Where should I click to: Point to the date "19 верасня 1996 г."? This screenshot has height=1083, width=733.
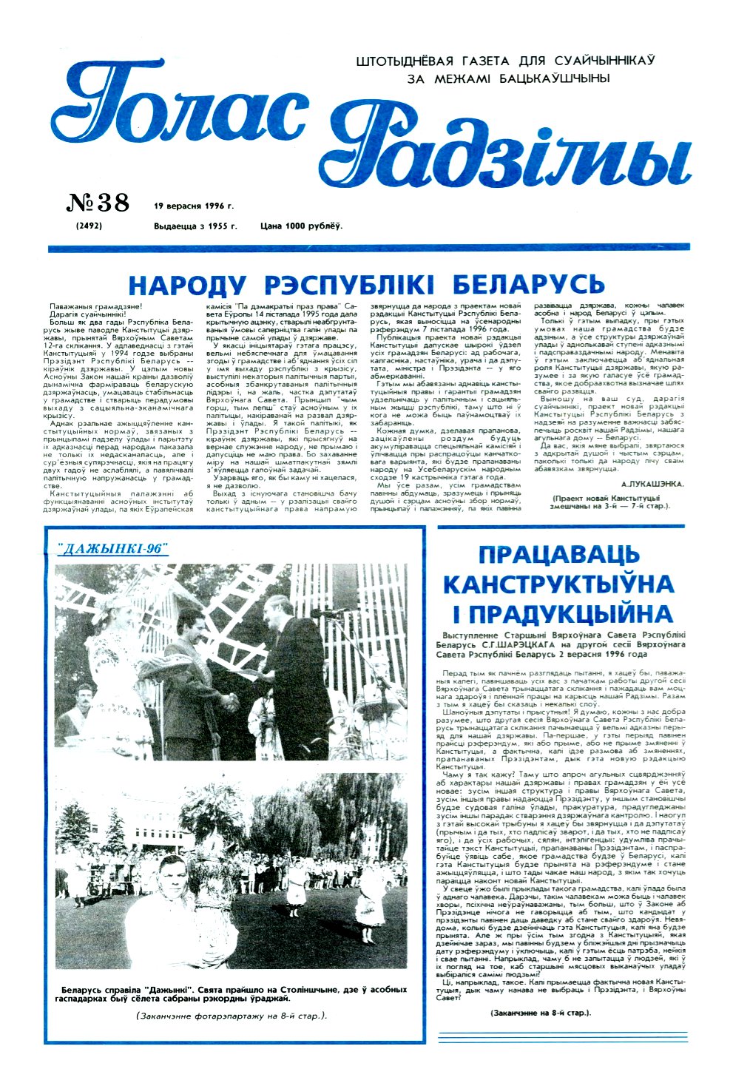194,206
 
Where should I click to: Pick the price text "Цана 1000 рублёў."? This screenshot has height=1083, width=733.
301,226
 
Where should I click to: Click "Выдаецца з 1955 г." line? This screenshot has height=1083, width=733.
195,226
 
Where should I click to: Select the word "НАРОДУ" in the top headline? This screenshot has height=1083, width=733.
188,284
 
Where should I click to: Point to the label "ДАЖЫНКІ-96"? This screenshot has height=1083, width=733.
112,548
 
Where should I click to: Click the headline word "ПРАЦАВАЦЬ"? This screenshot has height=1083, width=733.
558,555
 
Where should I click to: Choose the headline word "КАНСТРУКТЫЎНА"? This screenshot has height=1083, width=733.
558,584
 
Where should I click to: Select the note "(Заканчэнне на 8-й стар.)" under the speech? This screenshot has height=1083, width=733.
541,1012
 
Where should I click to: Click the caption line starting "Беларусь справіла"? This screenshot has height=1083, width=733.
233,990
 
